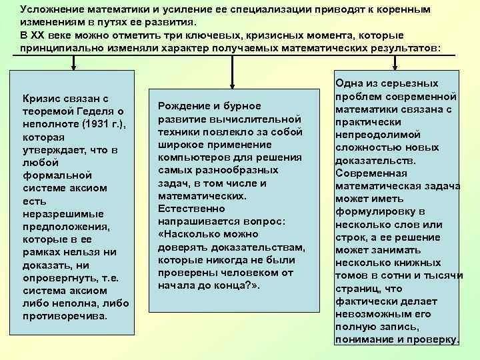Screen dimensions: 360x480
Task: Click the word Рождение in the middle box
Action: (x=180, y=107)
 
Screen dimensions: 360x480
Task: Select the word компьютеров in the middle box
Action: (x=190, y=157)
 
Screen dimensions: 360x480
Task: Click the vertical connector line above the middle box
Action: (x=233, y=62)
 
